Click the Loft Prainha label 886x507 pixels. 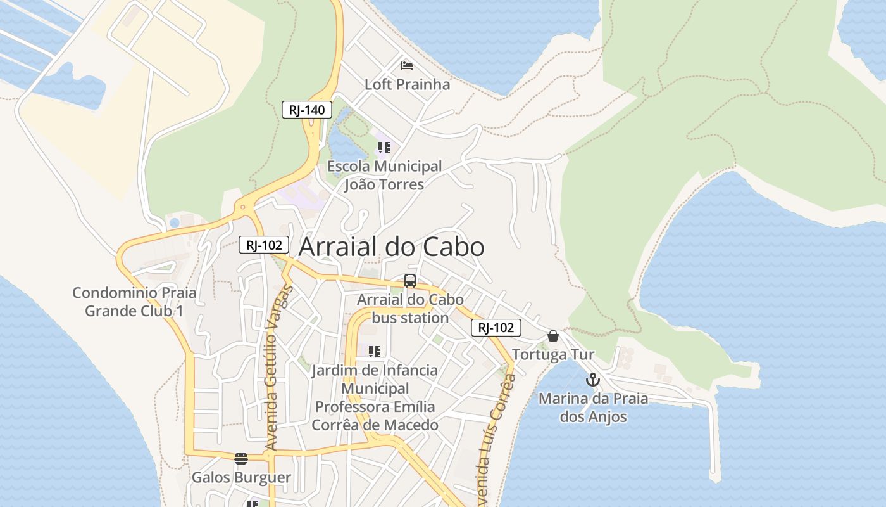click(407, 84)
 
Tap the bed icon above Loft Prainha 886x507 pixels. click(407, 66)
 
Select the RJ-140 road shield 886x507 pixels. click(307, 110)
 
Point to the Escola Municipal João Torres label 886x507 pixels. click(384, 176)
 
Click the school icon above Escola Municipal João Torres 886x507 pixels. click(384, 148)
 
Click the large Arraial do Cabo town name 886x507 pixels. click(391, 247)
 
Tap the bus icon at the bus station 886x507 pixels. click(410, 281)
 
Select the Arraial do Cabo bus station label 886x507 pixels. click(410, 309)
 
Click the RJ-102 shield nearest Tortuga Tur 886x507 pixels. click(496, 328)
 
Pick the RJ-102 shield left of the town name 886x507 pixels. click(264, 245)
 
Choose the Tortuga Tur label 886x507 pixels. click(553, 354)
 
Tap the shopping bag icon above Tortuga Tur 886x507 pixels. click(553, 336)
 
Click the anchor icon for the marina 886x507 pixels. click(592, 380)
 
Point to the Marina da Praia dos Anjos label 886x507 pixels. click(593, 408)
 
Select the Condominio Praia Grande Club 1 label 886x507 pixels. click(134, 302)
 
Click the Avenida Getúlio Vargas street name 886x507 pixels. click(278, 368)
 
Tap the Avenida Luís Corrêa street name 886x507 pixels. click(497, 437)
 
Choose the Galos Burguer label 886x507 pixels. click(241, 477)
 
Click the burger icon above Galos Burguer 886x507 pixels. click(240, 459)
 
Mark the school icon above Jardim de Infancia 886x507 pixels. click(375, 351)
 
